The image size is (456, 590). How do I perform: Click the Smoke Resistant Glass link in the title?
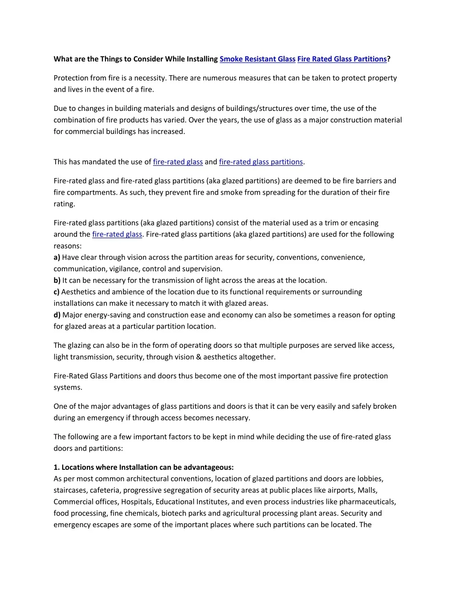tap(257, 59)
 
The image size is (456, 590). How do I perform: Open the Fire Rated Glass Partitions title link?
tap(342, 59)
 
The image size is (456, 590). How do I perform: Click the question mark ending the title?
tap(389, 59)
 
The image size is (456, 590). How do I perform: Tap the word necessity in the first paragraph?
tap(150, 78)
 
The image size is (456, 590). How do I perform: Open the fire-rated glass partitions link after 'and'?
tap(261, 162)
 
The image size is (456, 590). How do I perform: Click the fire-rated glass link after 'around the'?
tap(117, 234)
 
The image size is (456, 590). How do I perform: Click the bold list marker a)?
tap(57, 257)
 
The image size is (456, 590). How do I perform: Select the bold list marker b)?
tap(57, 281)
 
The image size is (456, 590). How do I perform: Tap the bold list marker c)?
tap(57, 292)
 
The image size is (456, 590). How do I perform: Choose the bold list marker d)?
tap(57, 315)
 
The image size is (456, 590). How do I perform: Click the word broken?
tap(384, 406)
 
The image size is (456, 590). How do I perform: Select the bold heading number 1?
tap(57, 468)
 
